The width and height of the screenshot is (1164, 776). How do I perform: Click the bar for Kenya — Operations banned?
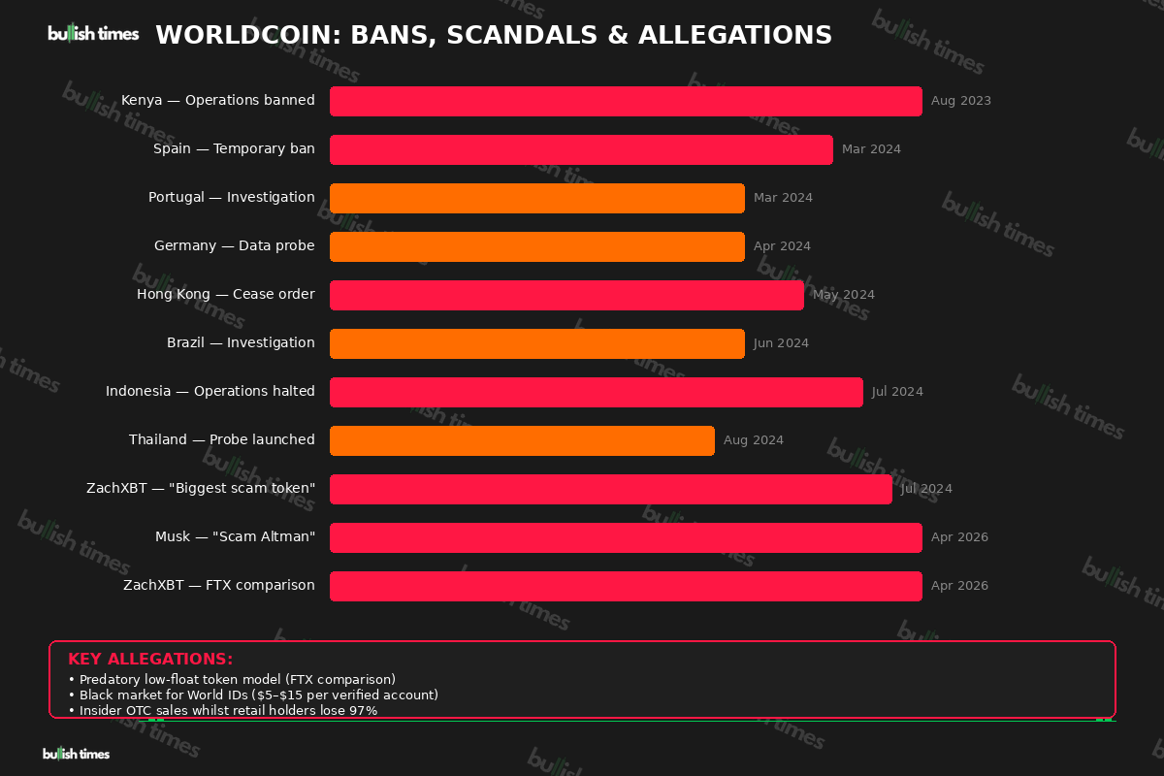626,101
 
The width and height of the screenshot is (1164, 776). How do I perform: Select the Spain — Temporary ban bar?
581,149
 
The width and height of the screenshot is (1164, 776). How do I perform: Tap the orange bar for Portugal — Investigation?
536,198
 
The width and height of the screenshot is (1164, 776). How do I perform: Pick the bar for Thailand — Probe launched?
522,440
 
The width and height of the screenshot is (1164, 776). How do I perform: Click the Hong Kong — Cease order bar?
566,295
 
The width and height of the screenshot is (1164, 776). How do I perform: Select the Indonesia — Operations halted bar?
596,392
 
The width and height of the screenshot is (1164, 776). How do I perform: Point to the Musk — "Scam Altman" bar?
626,537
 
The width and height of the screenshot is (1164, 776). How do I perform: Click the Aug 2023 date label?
960,101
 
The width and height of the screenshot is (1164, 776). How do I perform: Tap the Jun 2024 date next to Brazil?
781,343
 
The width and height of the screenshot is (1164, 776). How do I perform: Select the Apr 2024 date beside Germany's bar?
782,246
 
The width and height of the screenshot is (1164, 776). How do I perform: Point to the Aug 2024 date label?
753,440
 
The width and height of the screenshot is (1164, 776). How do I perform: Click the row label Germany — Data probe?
234,246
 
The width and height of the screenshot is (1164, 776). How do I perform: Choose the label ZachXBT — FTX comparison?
218,586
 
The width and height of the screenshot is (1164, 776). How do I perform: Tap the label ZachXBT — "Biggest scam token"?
200,489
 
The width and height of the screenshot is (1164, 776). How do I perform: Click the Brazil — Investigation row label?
241,343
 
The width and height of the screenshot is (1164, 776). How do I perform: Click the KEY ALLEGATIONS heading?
150,660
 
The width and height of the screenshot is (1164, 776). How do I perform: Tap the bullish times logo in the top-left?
93,34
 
